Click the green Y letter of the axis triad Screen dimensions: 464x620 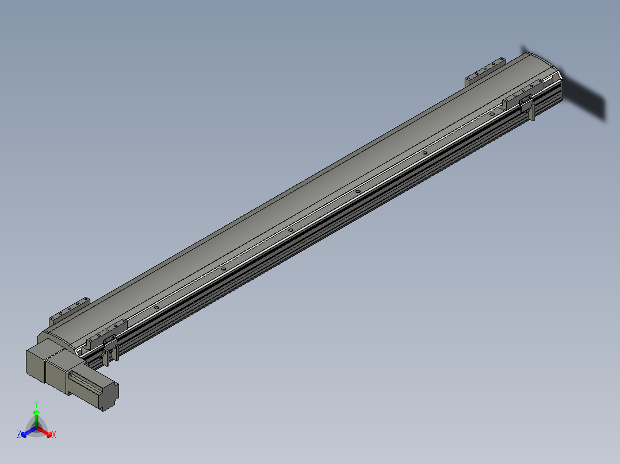click(x=36, y=404)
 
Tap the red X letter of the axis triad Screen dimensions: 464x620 click(x=53, y=435)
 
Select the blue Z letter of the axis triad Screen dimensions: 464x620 click(x=19, y=435)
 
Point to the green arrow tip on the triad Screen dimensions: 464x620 click(x=36, y=413)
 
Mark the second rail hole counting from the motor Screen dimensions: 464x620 click(x=223, y=268)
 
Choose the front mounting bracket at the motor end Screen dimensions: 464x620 click(x=106, y=335)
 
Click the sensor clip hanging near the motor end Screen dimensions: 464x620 click(x=110, y=351)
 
